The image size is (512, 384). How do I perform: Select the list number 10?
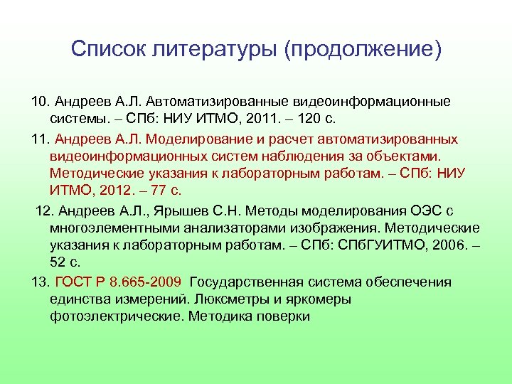tap(41, 102)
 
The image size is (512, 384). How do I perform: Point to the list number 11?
tap(41, 139)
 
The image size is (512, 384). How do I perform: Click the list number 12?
tap(44, 211)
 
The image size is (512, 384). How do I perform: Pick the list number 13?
tap(41, 282)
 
